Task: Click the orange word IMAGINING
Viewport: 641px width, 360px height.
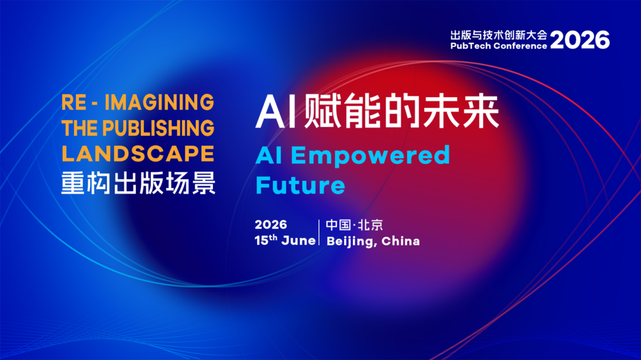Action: click(160, 102)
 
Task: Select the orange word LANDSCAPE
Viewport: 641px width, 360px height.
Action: click(138, 154)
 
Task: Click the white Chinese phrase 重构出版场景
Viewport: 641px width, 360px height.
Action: click(138, 183)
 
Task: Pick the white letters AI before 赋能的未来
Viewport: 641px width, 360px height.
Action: click(276, 111)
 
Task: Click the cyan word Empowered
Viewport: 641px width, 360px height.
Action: click(371, 156)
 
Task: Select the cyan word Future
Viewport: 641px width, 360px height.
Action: click(300, 185)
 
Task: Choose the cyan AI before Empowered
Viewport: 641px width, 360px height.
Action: click(269, 155)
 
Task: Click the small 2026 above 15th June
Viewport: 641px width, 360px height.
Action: click(270, 225)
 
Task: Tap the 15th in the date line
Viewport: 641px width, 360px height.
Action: click(266, 240)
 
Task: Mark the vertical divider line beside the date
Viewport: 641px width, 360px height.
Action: click(319, 232)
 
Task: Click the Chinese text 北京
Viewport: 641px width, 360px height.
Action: click(371, 225)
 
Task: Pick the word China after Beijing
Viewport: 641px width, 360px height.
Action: click(401, 241)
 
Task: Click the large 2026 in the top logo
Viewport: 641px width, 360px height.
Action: click(580, 40)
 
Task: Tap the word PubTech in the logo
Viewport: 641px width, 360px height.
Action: click(471, 46)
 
